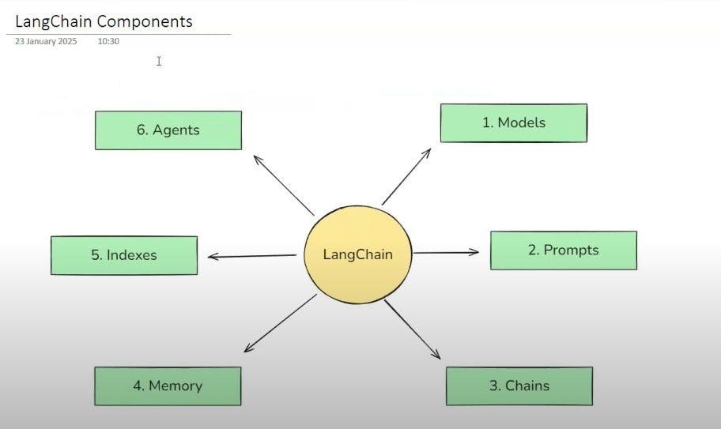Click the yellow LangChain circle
click(x=357, y=254)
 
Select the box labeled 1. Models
click(x=513, y=123)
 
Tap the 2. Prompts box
click(x=563, y=250)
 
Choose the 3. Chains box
click(x=519, y=386)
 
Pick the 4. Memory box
click(x=168, y=386)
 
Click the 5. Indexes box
click(x=124, y=255)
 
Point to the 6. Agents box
click(x=168, y=130)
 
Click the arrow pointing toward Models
click(x=407, y=175)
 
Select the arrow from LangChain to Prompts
click(x=446, y=253)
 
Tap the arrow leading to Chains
click(x=413, y=330)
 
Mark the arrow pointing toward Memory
click(x=280, y=324)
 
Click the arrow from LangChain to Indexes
click(x=252, y=256)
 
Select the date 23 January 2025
click(x=46, y=41)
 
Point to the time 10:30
click(x=108, y=41)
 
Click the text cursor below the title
click(x=159, y=61)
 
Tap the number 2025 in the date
click(x=67, y=41)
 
